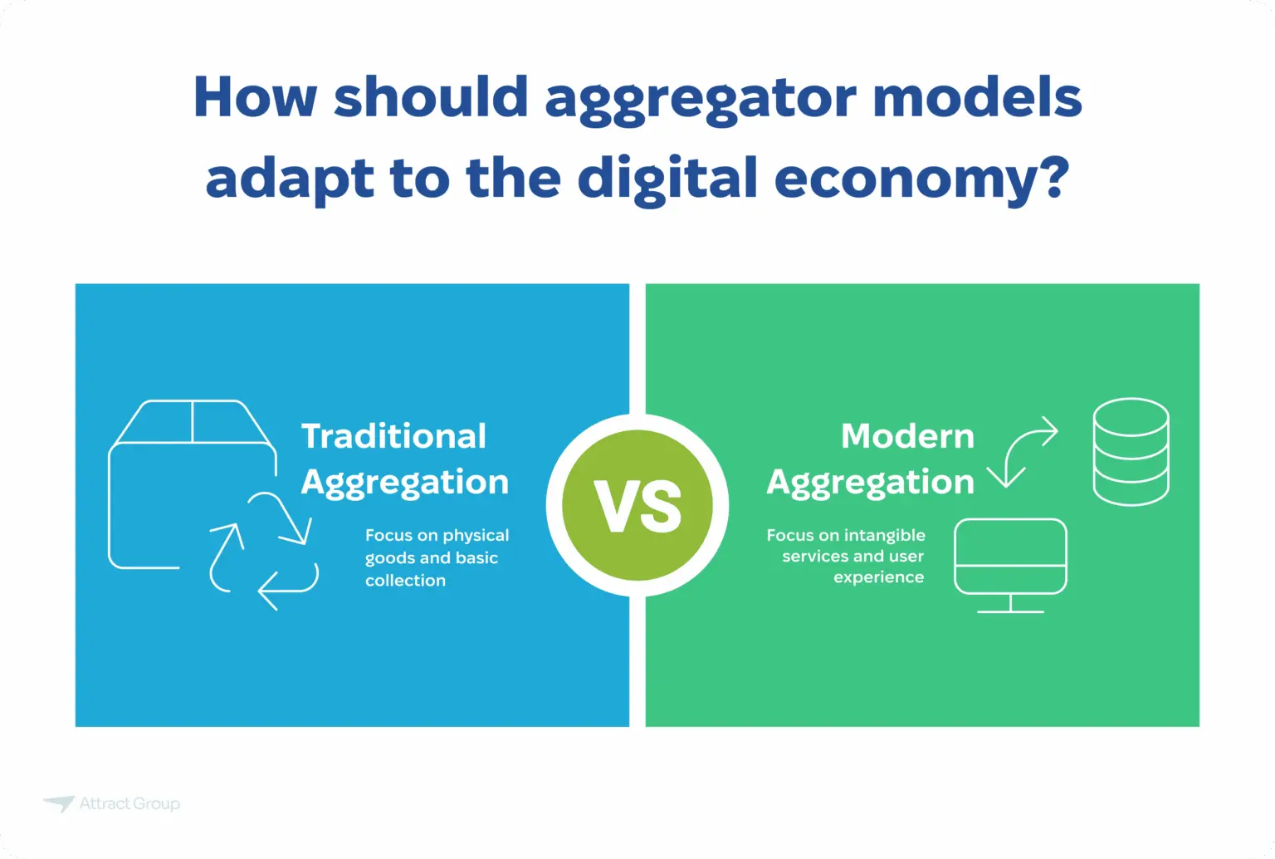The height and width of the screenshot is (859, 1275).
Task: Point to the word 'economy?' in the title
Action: pyautogui.click(x=921, y=179)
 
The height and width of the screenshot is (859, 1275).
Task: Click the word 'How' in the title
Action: pyautogui.click(x=255, y=97)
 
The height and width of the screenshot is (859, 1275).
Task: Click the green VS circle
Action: pyautogui.click(x=637, y=505)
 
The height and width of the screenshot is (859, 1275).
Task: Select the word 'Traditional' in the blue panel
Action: pyautogui.click(x=393, y=436)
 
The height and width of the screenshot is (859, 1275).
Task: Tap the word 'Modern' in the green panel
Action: pyautogui.click(x=907, y=436)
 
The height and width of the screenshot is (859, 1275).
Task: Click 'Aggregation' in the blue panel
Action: pyautogui.click(x=404, y=483)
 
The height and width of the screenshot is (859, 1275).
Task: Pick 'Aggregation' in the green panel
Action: pyautogui.click(x=870, y=483)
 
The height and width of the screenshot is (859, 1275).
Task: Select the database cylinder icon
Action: pyautogui.click(x=1131, y=452)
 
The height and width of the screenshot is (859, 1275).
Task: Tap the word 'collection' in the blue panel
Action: pyautogui.click(x=405, y=581)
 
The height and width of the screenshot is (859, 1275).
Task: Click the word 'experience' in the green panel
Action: pyautogui.click(x=878, y=577)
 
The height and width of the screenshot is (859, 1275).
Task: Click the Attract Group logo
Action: pyautogui.click(x=112, y=803)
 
